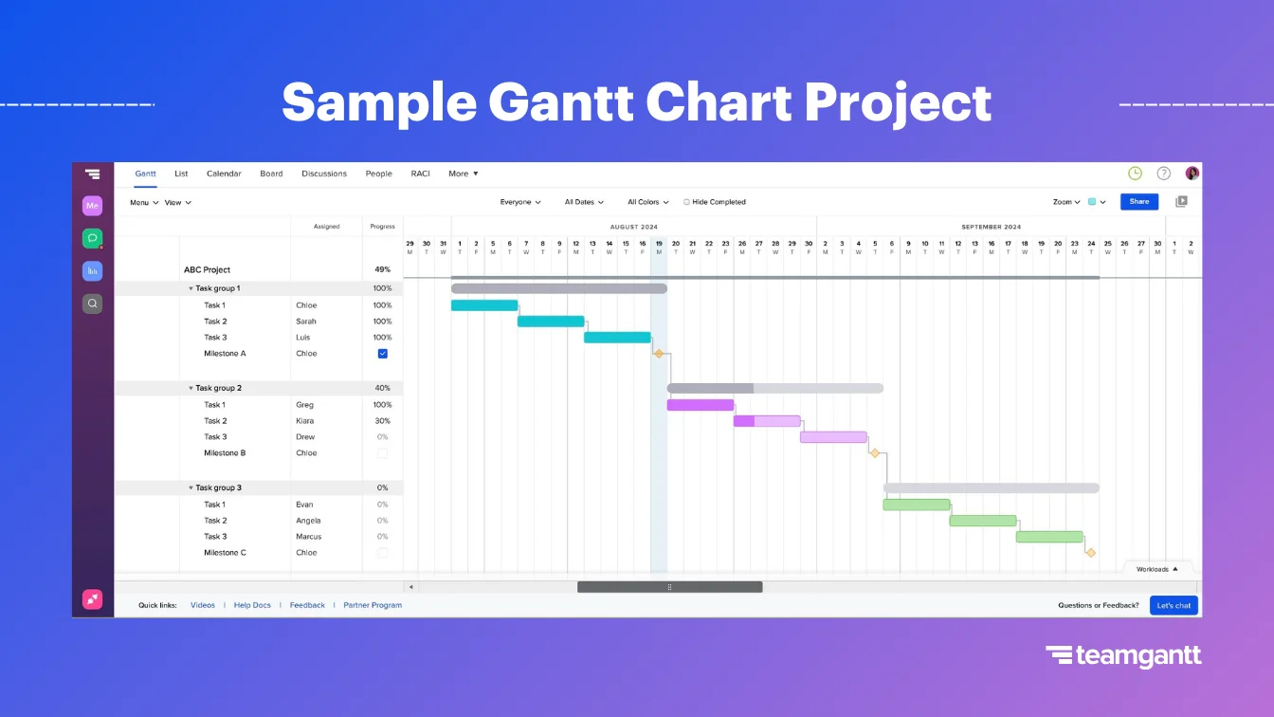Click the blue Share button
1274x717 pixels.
coord(1138,201)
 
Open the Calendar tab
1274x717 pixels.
coord(224,174)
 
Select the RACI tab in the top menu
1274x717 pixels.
coord(420,174)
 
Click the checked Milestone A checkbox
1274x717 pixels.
coord(383,354)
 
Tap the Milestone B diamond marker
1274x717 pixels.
coord(875,453)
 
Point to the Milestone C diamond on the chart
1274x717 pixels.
coord(1090,553)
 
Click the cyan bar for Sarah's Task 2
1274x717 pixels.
coord(550,322)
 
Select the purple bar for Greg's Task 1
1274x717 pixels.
coord(700,405)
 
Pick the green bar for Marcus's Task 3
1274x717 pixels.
coord(1048,537)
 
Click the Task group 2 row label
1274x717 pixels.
coord(218,388)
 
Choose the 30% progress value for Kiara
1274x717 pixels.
coord(382,421)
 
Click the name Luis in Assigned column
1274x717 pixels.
coord(304,338)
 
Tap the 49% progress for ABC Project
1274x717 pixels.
coord(382,270)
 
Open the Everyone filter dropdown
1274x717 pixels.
coord(520,202)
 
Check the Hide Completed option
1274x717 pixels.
coord(686,202)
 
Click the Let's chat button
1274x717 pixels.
coord(1174,605)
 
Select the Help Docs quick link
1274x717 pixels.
coord(252,605)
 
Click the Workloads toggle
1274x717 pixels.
coord(1157,569)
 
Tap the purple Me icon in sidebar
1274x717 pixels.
coord(92,206)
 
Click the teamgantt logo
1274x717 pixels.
coord(1123,655)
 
